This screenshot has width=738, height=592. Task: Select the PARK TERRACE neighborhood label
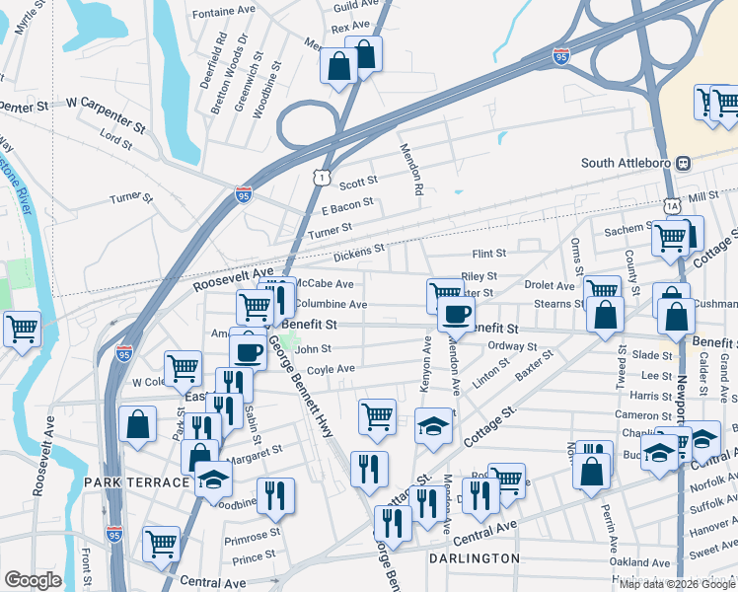point(135,482)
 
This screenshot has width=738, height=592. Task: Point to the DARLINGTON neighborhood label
point(475,558)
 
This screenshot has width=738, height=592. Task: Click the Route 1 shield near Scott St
point(321,178)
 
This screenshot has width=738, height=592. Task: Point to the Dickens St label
point(357,256)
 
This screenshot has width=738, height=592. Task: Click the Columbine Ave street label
point(332,305)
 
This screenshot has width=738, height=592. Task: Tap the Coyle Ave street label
point(331,369)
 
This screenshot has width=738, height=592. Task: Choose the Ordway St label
point(512,347)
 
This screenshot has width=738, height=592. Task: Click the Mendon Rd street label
point(411,169)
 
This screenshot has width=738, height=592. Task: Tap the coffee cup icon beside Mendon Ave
point(455,314)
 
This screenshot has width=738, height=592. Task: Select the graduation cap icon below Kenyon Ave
point(432,425)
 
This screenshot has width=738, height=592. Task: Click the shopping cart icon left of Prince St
point(161,542)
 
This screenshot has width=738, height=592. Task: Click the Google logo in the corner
point(33,580)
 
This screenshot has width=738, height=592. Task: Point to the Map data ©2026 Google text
point(677,584)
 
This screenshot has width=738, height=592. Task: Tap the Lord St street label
point(115,142)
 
